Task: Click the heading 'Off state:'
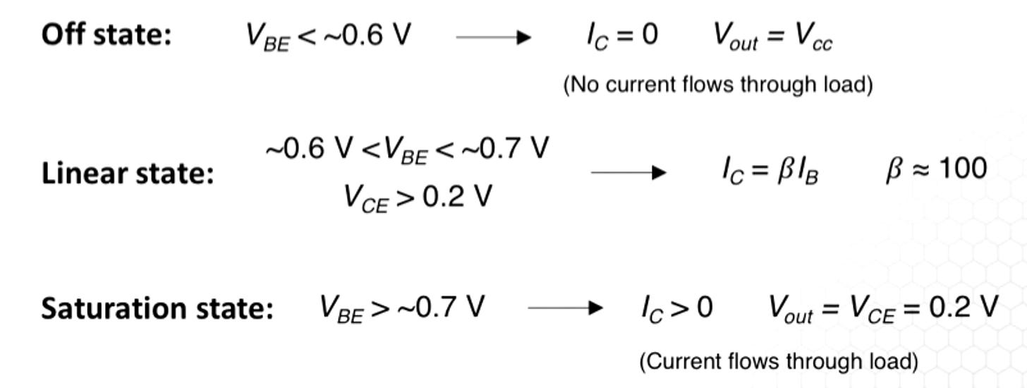coord(107,35)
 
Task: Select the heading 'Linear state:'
coord(128,173)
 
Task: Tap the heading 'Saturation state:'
coord(157,308)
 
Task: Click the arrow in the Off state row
coord(493,37)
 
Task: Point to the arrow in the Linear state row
coord(628,172)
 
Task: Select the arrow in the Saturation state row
coord(565,308)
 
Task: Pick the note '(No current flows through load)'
coord(718,85)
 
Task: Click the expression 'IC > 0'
coord(676,308)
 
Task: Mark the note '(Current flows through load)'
coord(778,362)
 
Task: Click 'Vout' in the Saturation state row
coord(790,309)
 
